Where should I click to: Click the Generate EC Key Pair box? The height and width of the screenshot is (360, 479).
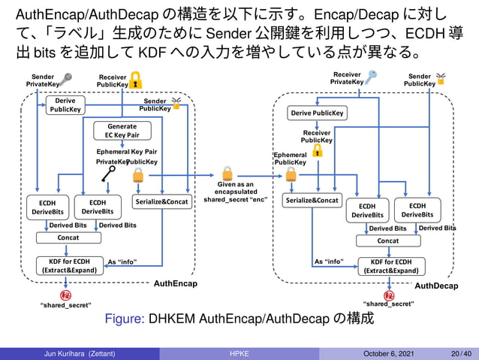pos(122,131)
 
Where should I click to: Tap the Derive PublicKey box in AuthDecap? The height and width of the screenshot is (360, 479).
pos(318,113)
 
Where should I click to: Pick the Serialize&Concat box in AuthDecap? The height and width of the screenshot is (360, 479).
pos(312,201)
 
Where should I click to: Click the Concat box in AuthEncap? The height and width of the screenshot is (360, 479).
pos(68,237)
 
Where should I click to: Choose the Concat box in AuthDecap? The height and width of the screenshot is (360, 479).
pos(388,241)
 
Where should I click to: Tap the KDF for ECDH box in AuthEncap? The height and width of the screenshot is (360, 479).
pos(68,265)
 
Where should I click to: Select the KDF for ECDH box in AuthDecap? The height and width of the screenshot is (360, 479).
pos(390,266)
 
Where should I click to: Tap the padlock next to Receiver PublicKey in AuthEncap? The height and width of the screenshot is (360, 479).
pos(136,80)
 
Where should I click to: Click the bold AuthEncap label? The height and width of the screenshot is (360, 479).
pos(175,284)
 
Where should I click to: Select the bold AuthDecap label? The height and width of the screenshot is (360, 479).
pos(436,287)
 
